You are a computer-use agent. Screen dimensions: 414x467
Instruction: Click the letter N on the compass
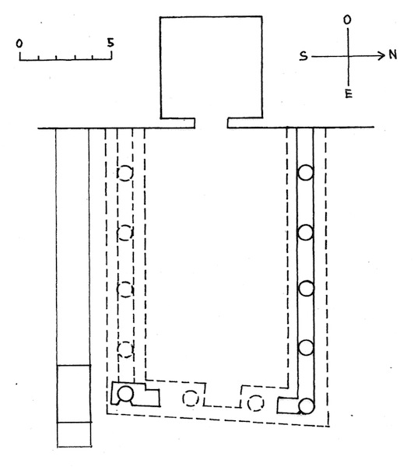coord(392,54)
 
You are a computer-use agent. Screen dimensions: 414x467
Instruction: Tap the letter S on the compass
coord(303,56)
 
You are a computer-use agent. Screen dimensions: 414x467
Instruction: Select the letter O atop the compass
coord(347,20)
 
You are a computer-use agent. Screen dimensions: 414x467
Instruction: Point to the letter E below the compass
coord(349,93)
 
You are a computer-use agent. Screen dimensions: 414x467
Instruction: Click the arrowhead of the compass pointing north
coord(382,55)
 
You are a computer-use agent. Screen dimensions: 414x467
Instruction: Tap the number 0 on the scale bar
coord(19,44)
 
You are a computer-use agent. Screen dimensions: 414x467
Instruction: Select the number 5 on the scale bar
coord(111,43)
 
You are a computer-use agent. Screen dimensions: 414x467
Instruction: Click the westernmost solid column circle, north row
coord(306,173)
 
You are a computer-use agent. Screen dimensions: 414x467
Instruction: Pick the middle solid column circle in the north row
coord(306,288)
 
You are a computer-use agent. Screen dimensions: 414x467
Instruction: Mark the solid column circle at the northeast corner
coord(307,406)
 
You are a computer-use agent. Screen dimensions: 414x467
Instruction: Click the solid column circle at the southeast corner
coord(125,394)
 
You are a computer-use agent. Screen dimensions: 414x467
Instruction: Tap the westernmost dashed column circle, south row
coord(125,173)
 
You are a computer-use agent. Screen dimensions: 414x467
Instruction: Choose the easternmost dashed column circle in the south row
coord(125,349)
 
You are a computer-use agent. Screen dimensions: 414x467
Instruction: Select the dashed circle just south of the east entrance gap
coord(191,399)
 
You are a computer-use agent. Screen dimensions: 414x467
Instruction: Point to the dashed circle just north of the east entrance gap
coord(256,403)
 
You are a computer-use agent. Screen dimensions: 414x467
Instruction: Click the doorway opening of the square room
coord(211,123)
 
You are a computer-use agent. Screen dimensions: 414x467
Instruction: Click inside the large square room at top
coord(211,68)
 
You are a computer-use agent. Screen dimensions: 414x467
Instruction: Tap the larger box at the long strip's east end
coord(74,394)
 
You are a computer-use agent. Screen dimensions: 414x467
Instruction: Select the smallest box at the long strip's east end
coord(74,435)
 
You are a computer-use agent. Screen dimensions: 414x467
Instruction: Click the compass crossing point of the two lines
coord(348,56)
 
